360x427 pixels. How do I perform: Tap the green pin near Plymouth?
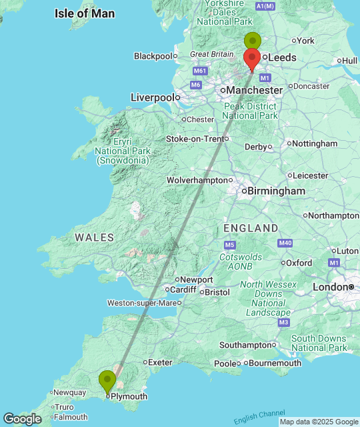[107, 380]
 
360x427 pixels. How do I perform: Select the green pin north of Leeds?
[252, 41]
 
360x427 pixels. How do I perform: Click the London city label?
[330, 287]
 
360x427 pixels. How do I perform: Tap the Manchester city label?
[254, 90]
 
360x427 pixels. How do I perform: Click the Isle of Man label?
[85, 13]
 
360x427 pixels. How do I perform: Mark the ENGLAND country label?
[251, 228]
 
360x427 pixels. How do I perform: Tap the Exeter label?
[160, 362]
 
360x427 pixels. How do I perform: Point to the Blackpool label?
[153, 56]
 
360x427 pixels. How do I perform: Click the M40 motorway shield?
[286, 244]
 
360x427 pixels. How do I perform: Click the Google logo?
[22, 419]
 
